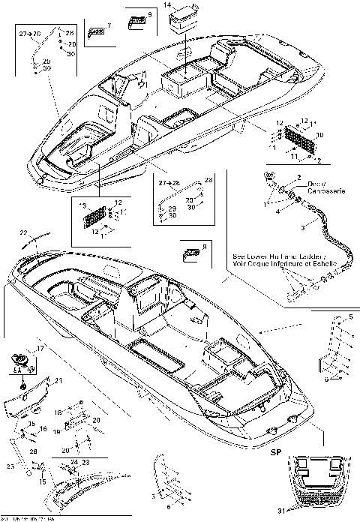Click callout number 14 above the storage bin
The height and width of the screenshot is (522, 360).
point(167,5)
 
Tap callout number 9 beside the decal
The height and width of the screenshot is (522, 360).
point(149,14)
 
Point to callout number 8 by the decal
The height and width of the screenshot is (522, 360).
point(205,244)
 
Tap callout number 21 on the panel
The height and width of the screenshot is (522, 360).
point(58,381)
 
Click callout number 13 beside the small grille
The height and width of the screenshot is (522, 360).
point(83,205)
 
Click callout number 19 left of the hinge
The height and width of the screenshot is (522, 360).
point(57,433)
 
